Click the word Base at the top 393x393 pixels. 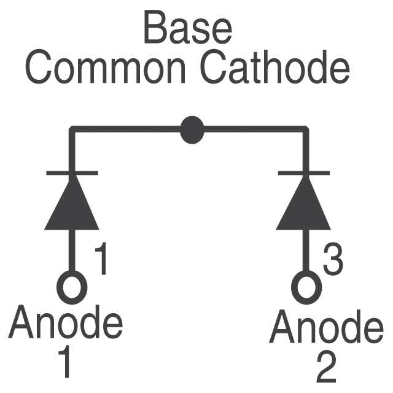(188, 28)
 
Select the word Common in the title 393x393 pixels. (106, 68)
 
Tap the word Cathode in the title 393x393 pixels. (274, 67)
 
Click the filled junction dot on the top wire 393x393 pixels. (192, 130)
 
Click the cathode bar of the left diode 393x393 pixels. (72, 173)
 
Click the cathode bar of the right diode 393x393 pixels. (304, 173)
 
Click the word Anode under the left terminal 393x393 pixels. (66, 322)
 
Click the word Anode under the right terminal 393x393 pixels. (326, 327)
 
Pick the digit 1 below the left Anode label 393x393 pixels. (64, 362)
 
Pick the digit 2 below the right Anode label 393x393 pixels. (326, 366)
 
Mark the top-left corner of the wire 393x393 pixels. (72, 129)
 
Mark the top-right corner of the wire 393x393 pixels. (306, 129)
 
